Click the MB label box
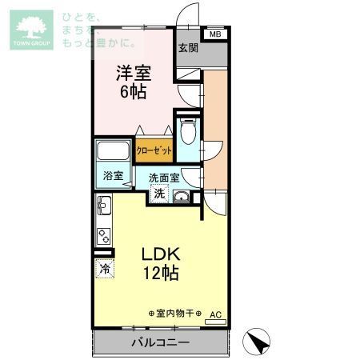click(x=214, y=34)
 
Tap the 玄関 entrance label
click(x=189, y=48)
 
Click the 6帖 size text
click(x=134, y=91)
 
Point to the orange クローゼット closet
click(x=154, y=150)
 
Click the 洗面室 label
click(x=164, y=178)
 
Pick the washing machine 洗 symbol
click(x=159, y=193)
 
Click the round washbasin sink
click(x=182, y=198)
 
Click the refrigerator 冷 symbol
click(x=105, y=270)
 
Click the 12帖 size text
click(x=161, y=274)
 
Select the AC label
click(x=214, y=314)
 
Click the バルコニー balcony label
click(x=160, y=342)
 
